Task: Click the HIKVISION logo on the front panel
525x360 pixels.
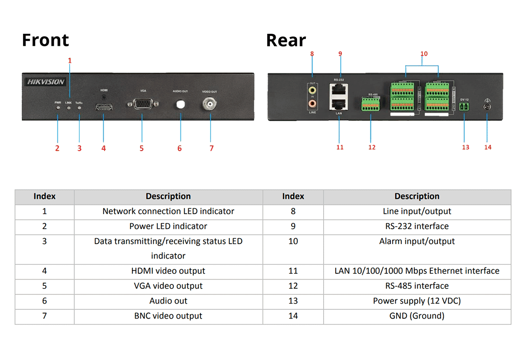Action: click(46, 82)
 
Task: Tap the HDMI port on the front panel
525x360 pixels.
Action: click(104, 107)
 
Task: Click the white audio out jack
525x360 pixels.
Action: click(180, 104)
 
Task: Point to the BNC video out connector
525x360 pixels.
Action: click(209, 105)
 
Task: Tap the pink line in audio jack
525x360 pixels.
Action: click(313, 103)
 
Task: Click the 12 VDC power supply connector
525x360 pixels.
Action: click(465, 107)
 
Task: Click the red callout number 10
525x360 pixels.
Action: click(424, 54)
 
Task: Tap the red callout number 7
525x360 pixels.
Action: click(212, 148)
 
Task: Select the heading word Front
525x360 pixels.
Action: click(45, 40)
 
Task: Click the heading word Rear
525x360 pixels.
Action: click(286, 40)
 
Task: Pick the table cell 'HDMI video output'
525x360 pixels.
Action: click(168, 271)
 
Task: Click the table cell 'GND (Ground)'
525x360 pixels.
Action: click(417, 316)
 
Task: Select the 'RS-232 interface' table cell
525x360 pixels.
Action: click(417, 226)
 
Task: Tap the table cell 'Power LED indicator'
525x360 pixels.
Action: click(168, 226)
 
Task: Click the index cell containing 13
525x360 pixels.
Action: click(293, 301)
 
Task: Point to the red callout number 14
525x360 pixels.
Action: click(488, 147)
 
